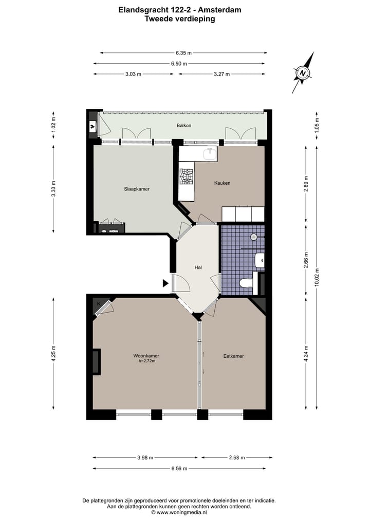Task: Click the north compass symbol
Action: (303, 73)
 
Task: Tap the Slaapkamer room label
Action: (137, 189)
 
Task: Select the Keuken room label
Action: (222, 183)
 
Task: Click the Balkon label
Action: (184, 125)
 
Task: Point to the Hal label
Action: (198, 267)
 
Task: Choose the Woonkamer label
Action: (146, 356)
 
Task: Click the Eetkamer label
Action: (233, 356)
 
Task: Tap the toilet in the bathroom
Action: (246, 283)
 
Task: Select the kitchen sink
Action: (210, 152)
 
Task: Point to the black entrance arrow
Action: (165, 283)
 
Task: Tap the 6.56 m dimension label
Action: (179, 468)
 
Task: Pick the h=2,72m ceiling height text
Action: (146, 361)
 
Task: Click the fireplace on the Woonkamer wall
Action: (96, 362)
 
